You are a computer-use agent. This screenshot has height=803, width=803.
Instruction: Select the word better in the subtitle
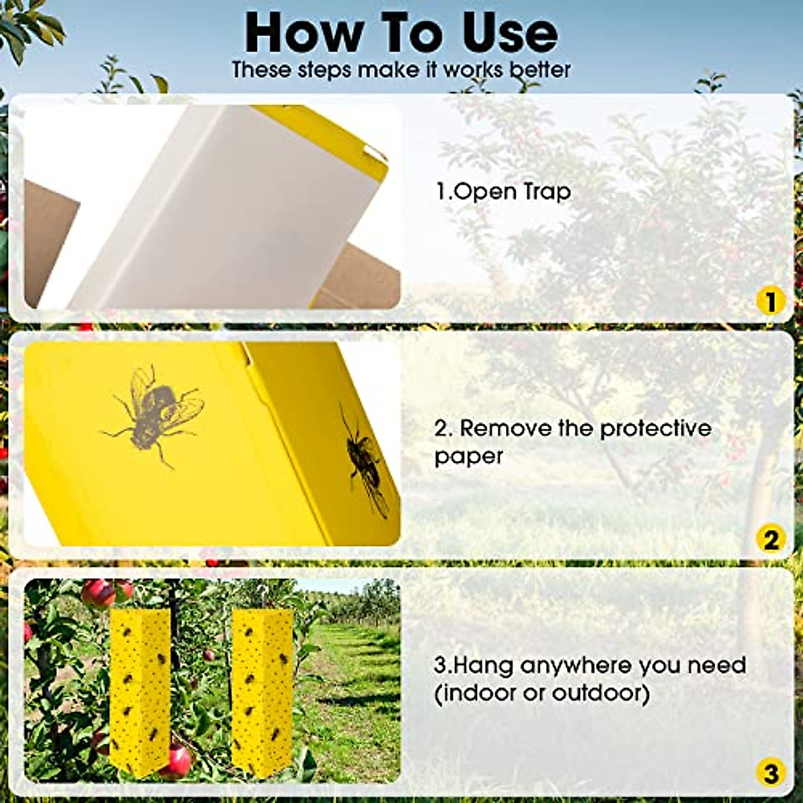click(x=539, y=70)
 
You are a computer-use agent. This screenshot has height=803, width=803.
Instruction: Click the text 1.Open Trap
click(x=503, y=192)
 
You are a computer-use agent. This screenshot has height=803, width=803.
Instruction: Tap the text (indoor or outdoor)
click(x=542, y=693)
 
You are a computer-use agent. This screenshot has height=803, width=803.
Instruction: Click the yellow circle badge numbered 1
click(x=770, y=301)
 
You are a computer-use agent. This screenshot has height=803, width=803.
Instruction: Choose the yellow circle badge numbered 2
click(x=770, y=539)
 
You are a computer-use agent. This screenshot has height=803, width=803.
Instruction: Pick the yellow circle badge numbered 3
click(x=770, y=774)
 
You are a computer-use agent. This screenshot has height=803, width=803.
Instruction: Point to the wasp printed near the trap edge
click(x=365, y=462)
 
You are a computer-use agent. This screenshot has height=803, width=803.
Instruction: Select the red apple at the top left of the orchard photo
click(x=98, y=592)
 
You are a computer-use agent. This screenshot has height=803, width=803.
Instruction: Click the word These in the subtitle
click(x=262, y=70)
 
